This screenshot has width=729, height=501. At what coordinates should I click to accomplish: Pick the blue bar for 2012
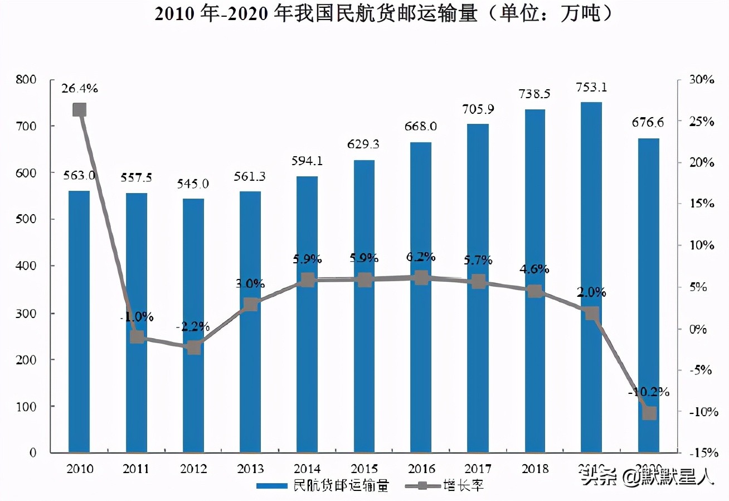[193, 391]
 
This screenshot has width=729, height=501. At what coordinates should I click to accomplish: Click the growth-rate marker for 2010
[79, 109]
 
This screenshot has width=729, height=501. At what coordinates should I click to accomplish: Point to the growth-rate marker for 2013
[250, 304]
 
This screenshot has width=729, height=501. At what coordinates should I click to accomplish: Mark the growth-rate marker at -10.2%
[649, 413]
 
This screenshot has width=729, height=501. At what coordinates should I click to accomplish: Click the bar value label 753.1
[591, 87]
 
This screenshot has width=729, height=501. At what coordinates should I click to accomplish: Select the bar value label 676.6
[648, 123]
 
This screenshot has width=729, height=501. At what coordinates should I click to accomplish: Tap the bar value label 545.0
[193, 184]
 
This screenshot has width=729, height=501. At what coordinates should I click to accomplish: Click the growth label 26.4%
[79, 88]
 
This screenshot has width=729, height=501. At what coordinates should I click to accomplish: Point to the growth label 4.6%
[534, 269]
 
